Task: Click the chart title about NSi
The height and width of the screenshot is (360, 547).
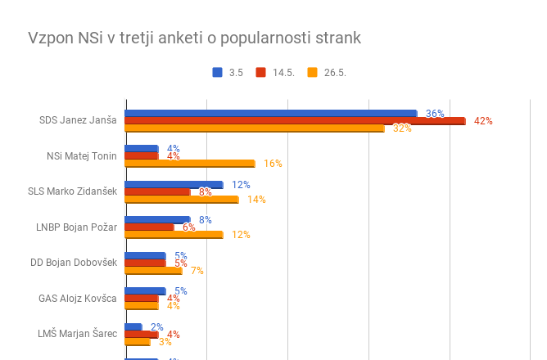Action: pos(194,38)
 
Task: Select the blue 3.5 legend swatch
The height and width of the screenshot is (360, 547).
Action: pos(218,72)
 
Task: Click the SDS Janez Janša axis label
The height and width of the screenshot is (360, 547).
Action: pos(78,121)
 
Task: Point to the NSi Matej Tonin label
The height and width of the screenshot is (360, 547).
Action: pos(82,156)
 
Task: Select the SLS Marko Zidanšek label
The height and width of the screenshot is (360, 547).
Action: pos(72,192)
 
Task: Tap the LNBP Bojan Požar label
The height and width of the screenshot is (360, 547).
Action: pos(77,227)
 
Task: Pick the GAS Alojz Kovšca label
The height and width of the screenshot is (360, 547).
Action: pos(78,298)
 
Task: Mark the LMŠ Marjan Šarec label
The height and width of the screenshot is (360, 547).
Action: pos(78,334)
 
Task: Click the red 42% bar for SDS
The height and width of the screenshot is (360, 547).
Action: pos(295,121)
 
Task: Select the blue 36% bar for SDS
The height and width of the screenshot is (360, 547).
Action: pos(270,113)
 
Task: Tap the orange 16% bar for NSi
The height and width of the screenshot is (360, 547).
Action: pos(189,164)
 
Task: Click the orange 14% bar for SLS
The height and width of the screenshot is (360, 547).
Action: pos(181,199)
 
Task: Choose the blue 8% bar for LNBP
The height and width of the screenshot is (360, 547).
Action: pos(157,219)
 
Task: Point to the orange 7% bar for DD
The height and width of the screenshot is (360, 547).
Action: pos(153,270)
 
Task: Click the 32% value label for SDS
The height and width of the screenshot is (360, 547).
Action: pos(402,128)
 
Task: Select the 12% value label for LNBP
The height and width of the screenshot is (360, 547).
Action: pos(241,235)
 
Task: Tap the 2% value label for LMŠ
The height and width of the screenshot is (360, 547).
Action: pos(156,326)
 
